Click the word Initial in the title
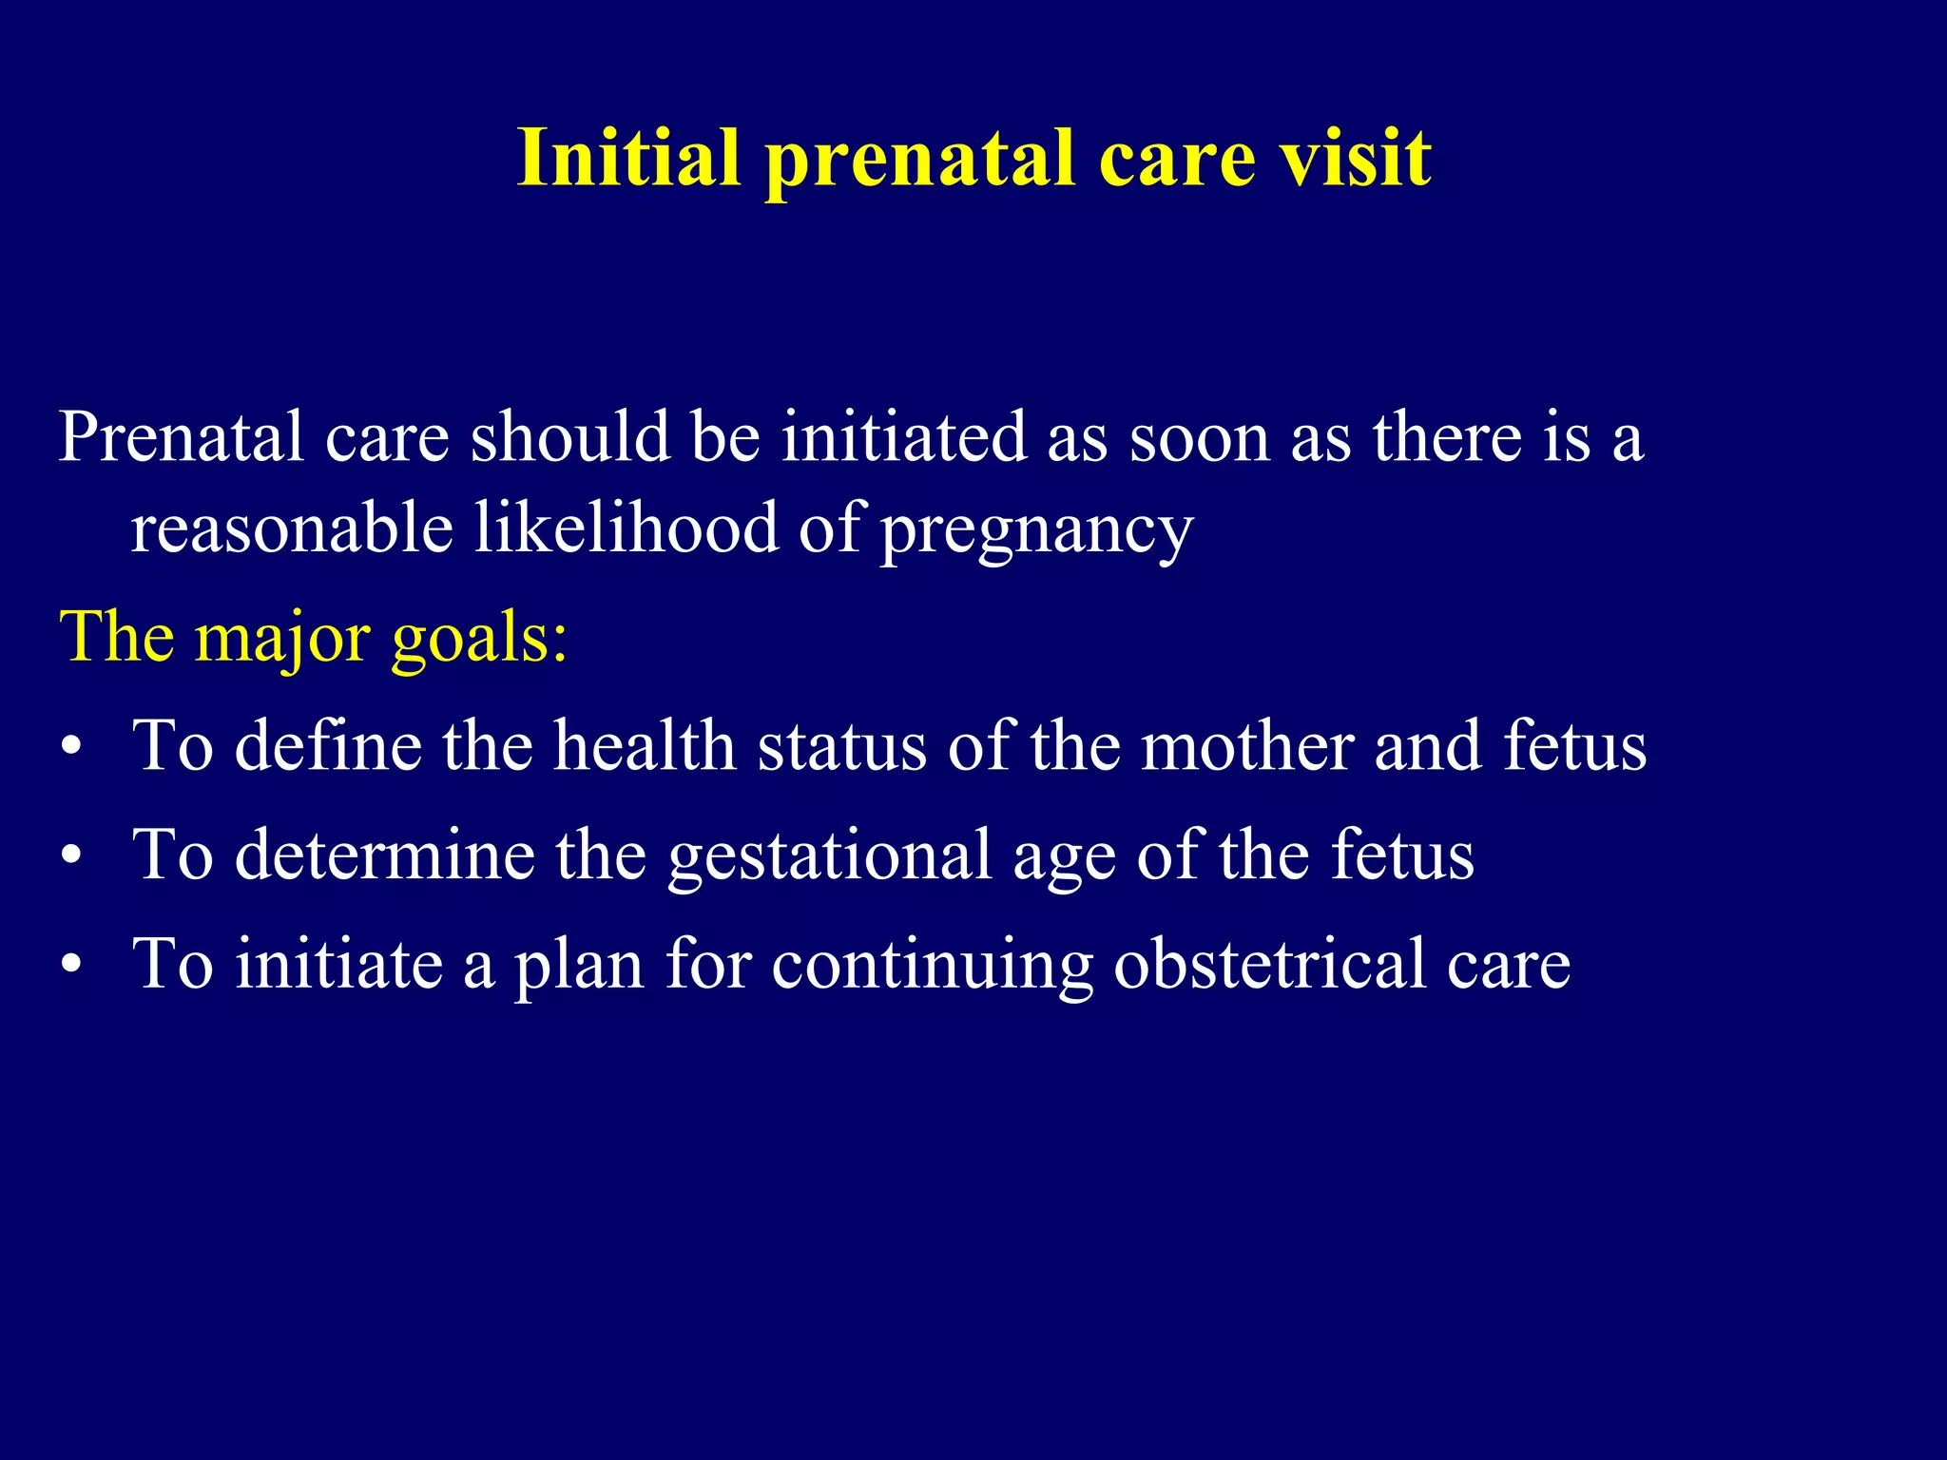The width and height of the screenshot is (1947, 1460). click(628, 158)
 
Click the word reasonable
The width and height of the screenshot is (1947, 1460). click(291, 528)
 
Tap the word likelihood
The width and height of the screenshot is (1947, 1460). click(626, 528)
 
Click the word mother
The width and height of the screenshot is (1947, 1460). click(1246, 746)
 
